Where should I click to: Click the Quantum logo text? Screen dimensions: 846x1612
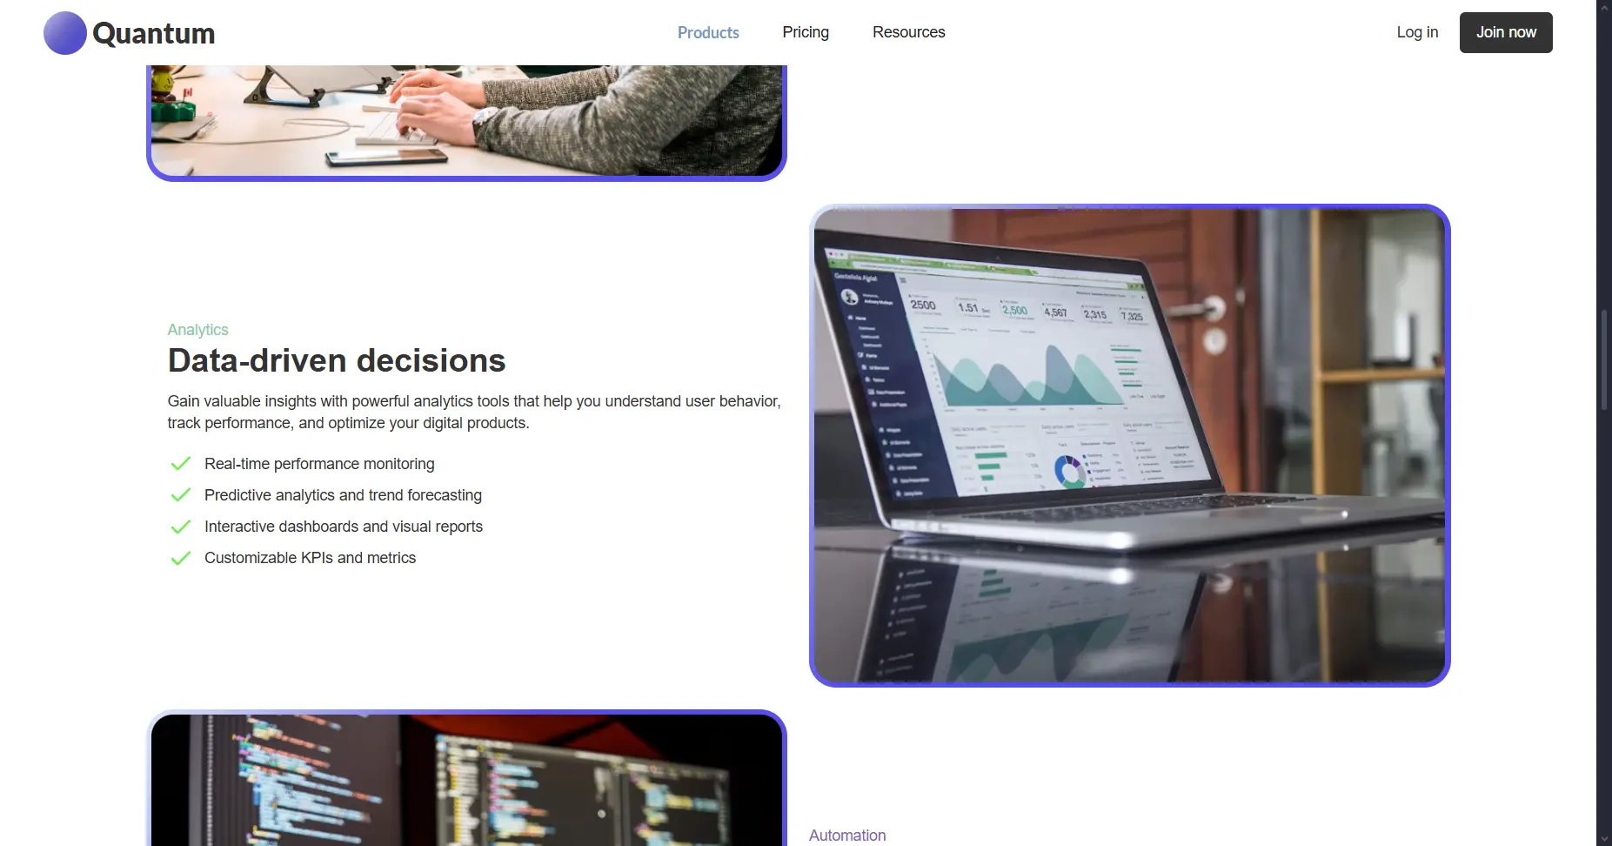(153, 33)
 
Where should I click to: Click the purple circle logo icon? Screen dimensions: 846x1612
(65, 33)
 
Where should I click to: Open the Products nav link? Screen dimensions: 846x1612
(708, 32)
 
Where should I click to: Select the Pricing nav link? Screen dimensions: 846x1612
(806, 32)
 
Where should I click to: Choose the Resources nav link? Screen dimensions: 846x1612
(908, 32)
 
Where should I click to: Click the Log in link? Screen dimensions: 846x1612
(1417, 32)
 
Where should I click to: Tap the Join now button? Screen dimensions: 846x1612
(1506, 32)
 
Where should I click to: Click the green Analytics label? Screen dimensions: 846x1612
(197, 330)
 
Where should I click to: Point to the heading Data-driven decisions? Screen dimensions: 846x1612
(337, 360)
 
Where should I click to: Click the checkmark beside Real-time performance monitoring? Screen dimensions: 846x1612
(180, 464)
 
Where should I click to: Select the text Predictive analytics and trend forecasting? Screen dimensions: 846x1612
(343, 495)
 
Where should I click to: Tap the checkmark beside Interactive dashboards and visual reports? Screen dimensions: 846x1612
(180, 527)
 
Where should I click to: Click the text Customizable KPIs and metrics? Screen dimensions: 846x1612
(310, 558)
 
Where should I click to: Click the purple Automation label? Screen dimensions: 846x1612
(847, 836)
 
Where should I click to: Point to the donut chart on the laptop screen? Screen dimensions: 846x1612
(1069, 471)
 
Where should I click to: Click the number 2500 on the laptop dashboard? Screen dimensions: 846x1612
(923, 305)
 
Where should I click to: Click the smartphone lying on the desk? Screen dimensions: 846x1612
(385, 157)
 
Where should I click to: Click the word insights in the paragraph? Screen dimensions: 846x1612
(291, 401)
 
